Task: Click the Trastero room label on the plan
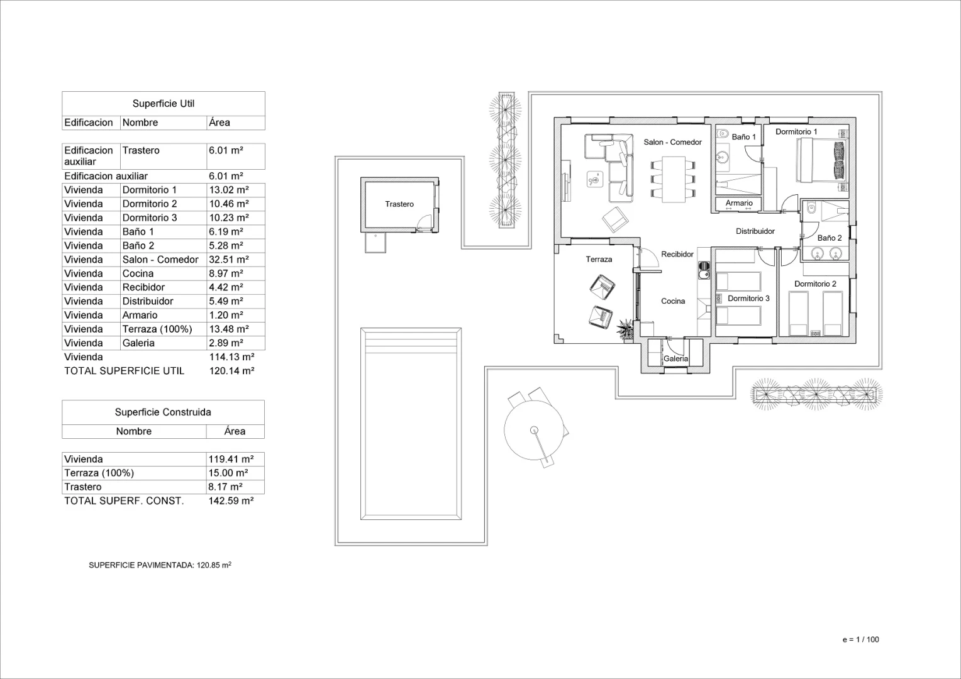click(x=399, y=204)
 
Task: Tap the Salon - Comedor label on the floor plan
click(x=672, y=142)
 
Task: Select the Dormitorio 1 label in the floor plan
click(x=796, y=131)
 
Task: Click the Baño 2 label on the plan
click(x=829, y=238)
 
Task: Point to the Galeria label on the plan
click(x=675, y=358)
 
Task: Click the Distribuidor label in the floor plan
click(x=755, y=231)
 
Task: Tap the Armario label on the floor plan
click(x=739, y=203)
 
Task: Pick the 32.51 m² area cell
click(x=229, y=260)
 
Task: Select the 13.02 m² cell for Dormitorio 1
click(x=229, y=190)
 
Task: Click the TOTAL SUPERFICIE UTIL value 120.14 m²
click(x=231, y=371)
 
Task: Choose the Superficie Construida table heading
click(x=163, y=412)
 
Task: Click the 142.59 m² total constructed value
click(x=231, y=501)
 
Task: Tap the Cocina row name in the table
click(x=138, y=273)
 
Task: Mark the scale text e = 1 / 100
click(x=860, y=639)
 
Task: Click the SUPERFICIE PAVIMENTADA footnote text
click(x=160, y=565)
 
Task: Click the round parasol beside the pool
click(x=534, y=430)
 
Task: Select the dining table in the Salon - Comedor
click(x=674, y=179)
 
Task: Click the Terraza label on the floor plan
click(x=599, y=259)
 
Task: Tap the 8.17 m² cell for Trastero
click(x=225, y=487)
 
